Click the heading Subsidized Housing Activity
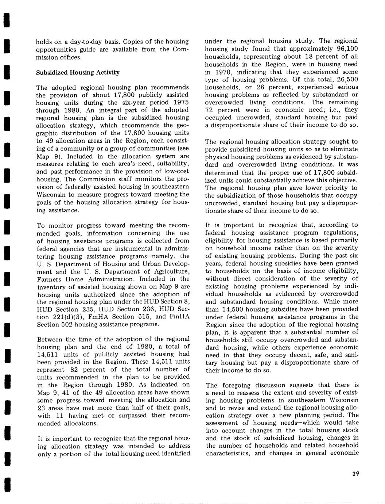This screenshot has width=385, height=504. [78, 72]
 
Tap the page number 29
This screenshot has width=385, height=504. [356, 474]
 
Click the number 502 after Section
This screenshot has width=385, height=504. [68, 324]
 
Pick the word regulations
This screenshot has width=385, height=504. [341, 232]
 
